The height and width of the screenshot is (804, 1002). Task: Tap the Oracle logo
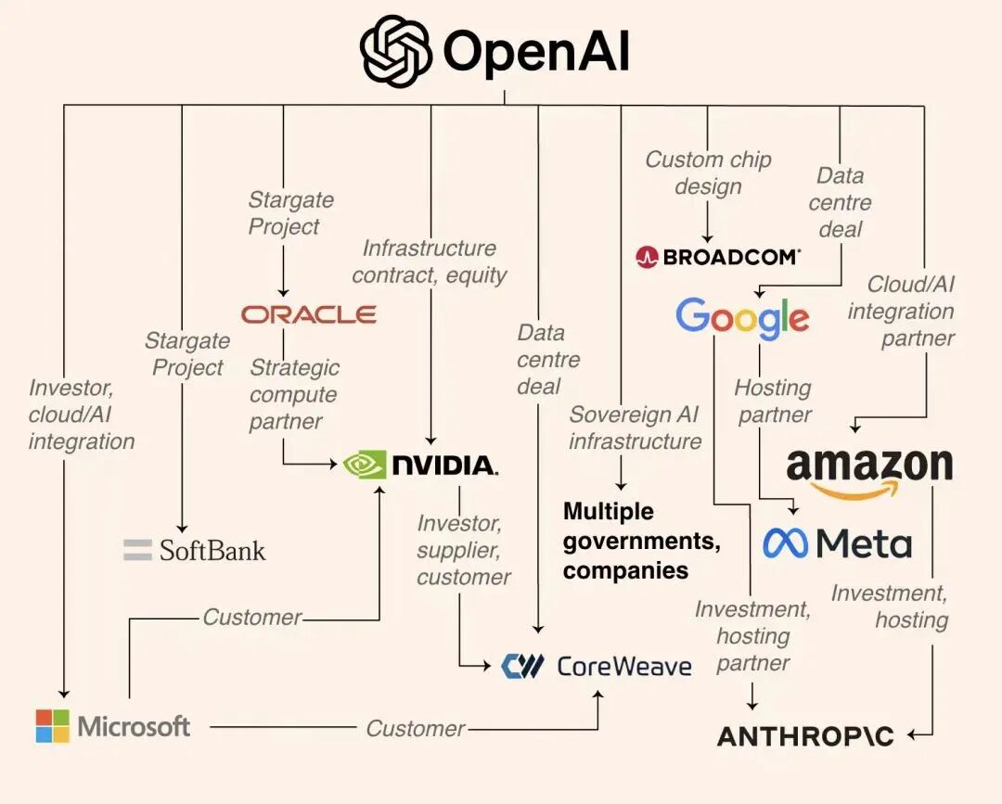308,314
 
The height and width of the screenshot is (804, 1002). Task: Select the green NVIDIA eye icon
364,464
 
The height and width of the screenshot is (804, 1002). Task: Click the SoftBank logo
194,550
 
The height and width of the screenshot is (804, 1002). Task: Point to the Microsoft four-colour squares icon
53,726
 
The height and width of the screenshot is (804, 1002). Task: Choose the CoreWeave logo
597,666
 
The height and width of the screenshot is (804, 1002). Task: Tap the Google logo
742,318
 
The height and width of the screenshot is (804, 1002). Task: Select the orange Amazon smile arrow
859,489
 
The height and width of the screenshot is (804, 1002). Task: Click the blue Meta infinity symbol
785,543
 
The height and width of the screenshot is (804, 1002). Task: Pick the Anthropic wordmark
805,736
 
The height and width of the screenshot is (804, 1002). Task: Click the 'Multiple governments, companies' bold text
641,541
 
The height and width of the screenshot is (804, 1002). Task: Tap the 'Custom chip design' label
708,172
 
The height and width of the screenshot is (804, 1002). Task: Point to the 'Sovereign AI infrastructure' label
635,428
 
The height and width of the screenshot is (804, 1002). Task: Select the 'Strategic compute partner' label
294,394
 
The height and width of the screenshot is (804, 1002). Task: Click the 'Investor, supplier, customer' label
462,550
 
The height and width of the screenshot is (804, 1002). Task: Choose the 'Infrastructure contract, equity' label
429,262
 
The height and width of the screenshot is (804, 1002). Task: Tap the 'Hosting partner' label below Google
773,401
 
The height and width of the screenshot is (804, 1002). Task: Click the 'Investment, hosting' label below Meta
889,606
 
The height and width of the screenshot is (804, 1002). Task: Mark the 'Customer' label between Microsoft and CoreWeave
415,729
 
